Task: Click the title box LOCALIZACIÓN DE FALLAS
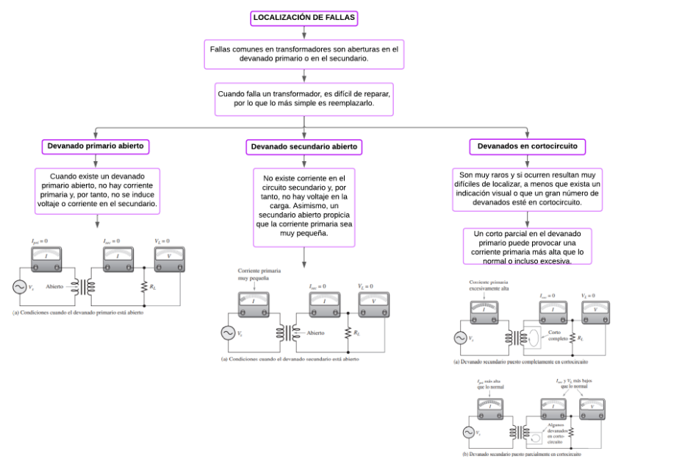tap(303, 18)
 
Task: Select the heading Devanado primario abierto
tap(96, 146)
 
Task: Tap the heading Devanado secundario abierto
tap(304, 147)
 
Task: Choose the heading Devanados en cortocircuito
tap(527, 146)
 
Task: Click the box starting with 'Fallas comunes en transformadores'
tap(303, 54)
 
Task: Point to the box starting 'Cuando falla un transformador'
tap(303, 99)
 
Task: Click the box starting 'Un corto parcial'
tap(527, 246)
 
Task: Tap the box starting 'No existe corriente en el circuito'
tap(304, 206)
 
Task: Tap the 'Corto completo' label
tap(556, 336)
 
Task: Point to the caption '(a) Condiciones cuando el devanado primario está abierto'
tap(78, 313)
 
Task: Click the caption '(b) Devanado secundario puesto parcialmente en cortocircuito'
tap(522, 454)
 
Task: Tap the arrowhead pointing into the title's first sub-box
tap(303, 35)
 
